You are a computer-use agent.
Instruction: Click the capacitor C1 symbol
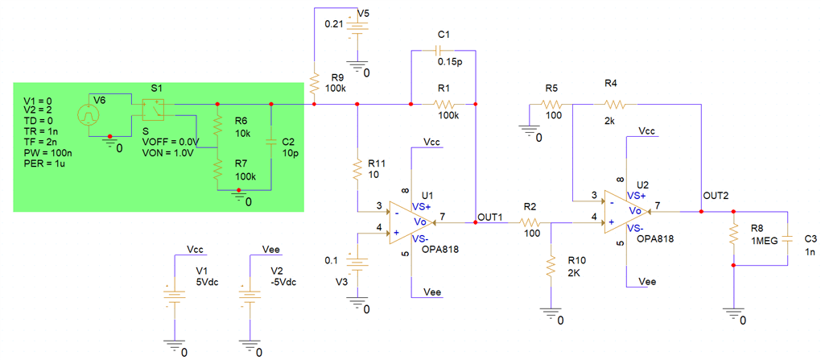pyautogui.click(x=443, y=49)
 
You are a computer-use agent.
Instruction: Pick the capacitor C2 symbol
pyautogui.click(x=271, y=143)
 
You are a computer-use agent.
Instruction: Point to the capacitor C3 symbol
pyautogui.click(x=787, y=238)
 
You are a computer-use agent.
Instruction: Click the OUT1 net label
pyautogui.click(x=490, y=217)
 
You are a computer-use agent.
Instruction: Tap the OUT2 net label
pyautogui.click(x=716, y=196)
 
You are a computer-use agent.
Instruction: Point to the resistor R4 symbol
pyautogui.click(x=613, y=103)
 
